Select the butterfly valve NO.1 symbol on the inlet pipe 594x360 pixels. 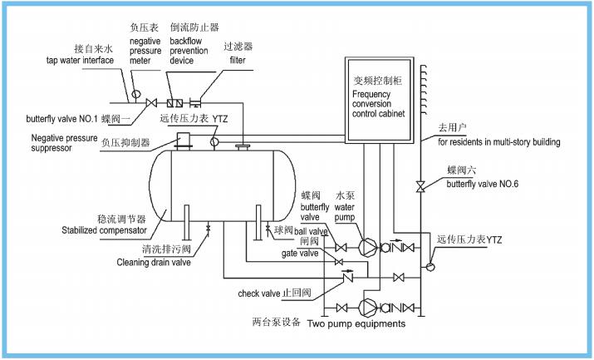151,104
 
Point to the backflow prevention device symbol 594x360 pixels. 175,104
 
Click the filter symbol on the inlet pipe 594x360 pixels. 198,104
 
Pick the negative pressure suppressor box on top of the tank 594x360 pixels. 185,141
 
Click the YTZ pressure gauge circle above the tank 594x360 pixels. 214,144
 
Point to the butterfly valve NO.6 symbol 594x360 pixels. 420,185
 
